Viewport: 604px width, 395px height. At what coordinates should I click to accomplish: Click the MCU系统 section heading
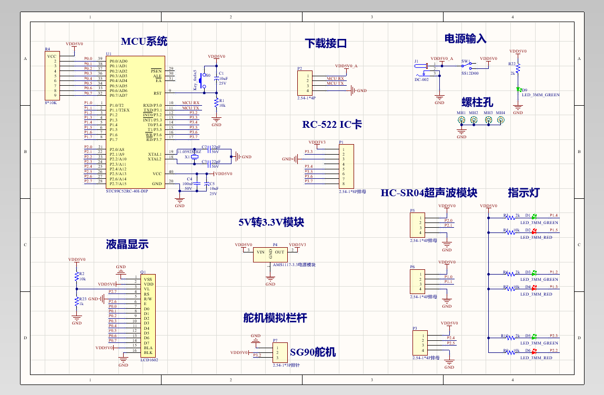[144, 42]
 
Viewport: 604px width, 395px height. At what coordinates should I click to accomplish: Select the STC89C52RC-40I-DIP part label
[127, 191]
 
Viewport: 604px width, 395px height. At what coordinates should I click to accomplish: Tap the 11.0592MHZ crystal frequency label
[189, 151]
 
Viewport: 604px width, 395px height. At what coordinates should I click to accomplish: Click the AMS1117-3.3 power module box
[270, 255]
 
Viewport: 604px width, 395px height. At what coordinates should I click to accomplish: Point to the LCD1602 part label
[149, 360]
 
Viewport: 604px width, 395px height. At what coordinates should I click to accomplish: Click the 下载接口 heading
[326, 43]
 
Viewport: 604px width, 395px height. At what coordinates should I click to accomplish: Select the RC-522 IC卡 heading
[332, 125]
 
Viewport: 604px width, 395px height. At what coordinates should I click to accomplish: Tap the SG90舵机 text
[313, 352]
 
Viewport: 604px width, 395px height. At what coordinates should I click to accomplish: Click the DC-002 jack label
[421, 79]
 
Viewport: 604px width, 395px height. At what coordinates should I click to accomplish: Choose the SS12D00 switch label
[470, 74]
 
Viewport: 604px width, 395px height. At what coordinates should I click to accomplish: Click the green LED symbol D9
[518, 90]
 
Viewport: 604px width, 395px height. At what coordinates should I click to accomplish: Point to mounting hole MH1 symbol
[461, 120]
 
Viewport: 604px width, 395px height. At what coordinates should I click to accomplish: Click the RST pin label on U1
[157, 93]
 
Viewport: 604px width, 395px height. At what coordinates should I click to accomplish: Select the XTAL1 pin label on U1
[155, 154]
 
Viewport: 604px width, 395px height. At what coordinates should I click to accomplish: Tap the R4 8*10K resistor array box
[52, 76]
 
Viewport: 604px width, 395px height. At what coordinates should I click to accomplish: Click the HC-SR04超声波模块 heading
[428, 193]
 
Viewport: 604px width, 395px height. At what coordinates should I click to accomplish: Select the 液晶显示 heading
[127, 244]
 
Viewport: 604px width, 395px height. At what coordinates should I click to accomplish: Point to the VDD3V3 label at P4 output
[297, 245]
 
